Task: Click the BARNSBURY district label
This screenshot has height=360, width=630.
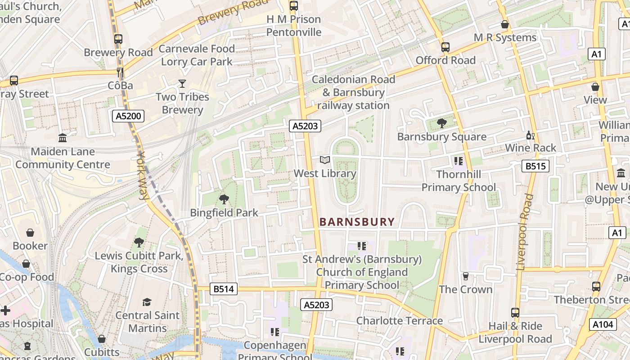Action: coord(357,222)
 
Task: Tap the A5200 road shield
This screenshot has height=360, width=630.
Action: coord(128,116)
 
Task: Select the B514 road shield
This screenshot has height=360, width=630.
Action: coord(224,289)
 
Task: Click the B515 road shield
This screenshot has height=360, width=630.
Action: coord(535,166)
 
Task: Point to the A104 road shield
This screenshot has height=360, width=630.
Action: coord(602,324)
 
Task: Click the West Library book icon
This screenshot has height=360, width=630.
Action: coord(325,160)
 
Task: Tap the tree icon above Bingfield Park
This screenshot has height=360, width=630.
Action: coord(224,199)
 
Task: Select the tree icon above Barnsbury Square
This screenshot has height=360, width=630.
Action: coord(442,123)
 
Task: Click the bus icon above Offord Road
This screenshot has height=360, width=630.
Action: coord(445,47)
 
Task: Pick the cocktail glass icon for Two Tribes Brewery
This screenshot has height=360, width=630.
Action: coord(182,84)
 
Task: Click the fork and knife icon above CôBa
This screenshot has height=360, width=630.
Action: coord(120,72)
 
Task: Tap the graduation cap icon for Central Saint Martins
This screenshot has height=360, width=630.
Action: coord(147,302)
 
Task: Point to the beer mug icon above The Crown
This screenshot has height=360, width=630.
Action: coord(466,276)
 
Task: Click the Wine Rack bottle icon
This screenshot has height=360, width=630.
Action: coord(531,135)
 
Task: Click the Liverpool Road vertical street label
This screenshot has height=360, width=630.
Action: coord(525,232)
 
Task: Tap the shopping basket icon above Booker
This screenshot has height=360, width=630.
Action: coord(30,233)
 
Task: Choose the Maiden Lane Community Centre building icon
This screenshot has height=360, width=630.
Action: coord(63,138)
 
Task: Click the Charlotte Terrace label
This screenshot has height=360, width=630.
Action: coord(400,321)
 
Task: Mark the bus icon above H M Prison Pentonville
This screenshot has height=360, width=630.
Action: coord(293,6)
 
